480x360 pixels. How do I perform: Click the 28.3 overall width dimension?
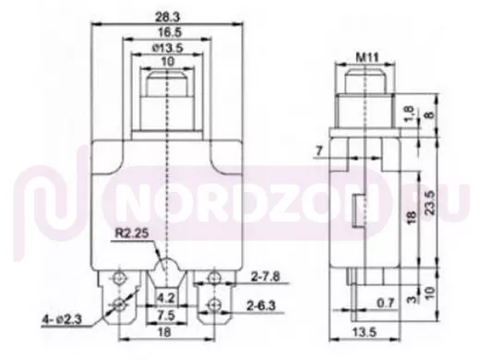pos(167,18)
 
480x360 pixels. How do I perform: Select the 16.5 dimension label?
pos(170,32)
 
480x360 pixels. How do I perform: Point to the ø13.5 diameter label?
pos(168,48)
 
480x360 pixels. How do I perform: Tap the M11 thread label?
pos(367,57)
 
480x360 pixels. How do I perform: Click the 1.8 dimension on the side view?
pos(411,113)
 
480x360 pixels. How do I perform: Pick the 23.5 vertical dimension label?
pos(431,202)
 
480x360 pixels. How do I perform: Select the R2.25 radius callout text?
pos(132,233)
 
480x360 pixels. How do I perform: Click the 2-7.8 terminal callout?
pos(265,277)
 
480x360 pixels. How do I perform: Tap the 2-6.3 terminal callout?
pos(261,306)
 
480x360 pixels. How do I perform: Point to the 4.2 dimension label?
pos(166,298)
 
